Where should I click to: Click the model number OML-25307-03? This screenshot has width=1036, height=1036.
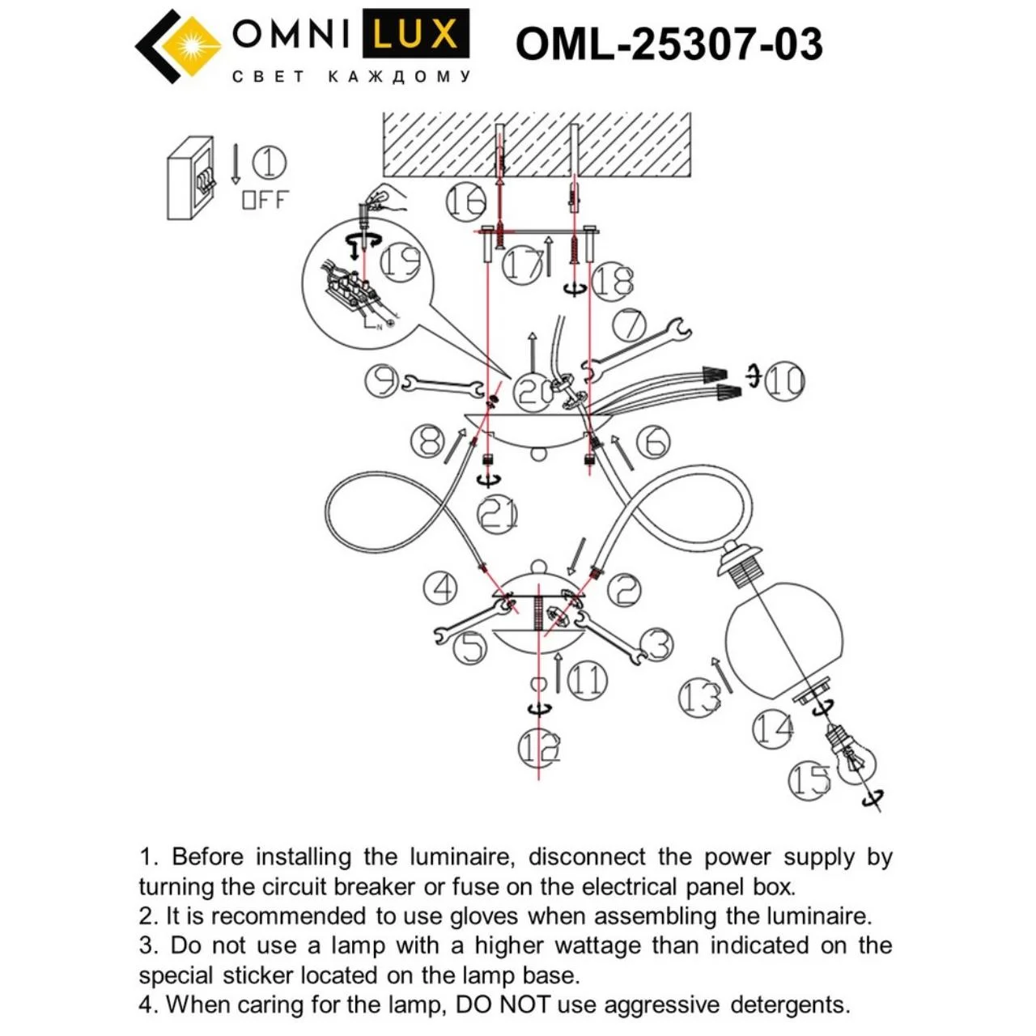669,44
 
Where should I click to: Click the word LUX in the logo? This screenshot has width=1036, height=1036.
415,35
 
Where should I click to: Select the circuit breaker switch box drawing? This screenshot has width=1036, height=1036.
190,177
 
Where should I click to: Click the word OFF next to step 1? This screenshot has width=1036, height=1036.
265,199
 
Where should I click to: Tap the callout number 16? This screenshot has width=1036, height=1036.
466,201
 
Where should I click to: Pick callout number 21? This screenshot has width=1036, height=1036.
497,513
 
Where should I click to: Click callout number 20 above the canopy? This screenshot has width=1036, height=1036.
535,392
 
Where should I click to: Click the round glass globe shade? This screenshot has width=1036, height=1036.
783,639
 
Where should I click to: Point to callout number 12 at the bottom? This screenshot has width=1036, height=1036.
539,749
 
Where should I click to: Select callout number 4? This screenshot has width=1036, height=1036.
442,587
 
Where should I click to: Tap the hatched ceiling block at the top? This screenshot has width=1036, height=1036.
536,144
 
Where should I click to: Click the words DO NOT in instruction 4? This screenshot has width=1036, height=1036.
502,1004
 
